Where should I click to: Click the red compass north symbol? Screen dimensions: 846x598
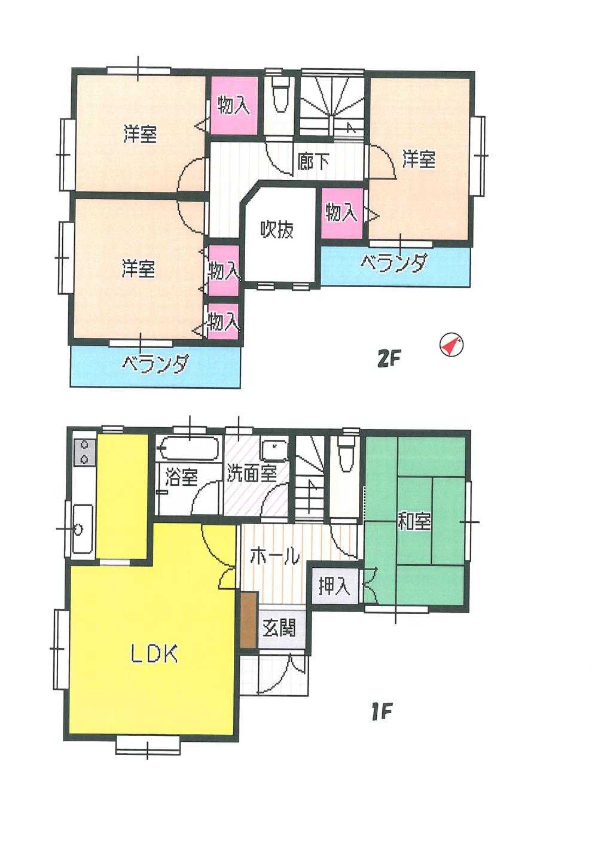click(x=451, y=345)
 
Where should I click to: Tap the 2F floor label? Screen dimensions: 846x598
click(x=388, y=360)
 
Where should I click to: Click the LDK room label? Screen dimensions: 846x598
click(x=154, y=655)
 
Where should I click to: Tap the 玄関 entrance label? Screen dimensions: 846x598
click(x=279, y=628)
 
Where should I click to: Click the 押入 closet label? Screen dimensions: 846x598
click(x=334, y=587)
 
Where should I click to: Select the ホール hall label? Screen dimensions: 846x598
click(x=274, y=557)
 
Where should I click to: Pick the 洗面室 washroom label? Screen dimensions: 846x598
click(x=252, y=474)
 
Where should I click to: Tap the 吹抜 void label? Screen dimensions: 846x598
click(x=277, y=230)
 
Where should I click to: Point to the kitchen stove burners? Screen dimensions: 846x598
click(x=84, y=452)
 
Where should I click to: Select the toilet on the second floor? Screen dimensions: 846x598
click(x=279, y=96)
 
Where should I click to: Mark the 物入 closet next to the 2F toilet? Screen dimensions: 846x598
click(x=233, y=106)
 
